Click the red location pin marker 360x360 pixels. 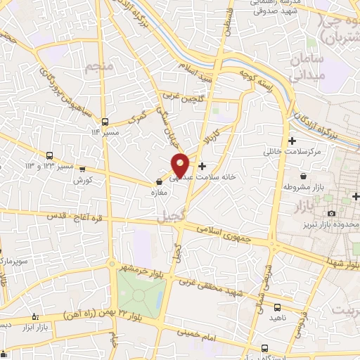coord(180,165)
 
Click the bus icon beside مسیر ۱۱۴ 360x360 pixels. coord(105,120)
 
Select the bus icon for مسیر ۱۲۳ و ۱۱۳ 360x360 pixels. coord(49,155)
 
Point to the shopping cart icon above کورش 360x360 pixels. coord(83,169)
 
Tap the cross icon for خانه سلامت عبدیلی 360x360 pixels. coord(203,167)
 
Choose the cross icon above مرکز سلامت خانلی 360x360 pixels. coord(292,141)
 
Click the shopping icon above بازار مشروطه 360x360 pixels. coord(303,176)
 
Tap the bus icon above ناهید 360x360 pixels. coord(277,307)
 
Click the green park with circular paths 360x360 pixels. coord(141,292)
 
